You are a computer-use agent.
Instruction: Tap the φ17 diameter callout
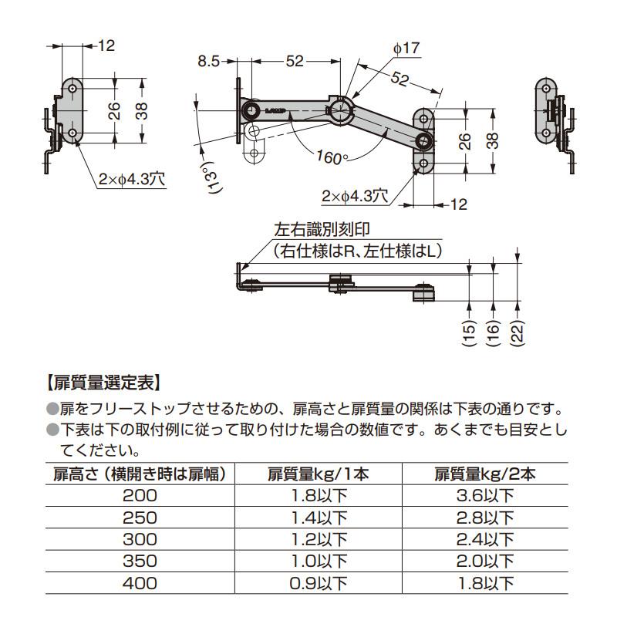pyautogui.click(x=406, y=48)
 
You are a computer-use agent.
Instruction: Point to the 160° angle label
pyautogui.click(x=332, y=157)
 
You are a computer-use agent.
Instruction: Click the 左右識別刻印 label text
pyautogui.click(x=318, y=230)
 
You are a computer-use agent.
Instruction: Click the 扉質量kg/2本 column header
pyautogui.click(x=485, y=474)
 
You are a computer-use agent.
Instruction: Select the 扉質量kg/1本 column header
pyautogui.click(x=319, y=474)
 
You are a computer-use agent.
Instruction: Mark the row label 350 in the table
pyautogui.click(x=140, y=561)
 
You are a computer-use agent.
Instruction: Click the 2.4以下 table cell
pyautogui.click(x=485, y=539)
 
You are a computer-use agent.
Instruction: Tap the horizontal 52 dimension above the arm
pyautogui.click(x=294, y=62)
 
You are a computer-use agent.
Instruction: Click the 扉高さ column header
pyautogui.click(x=139, y=474)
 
